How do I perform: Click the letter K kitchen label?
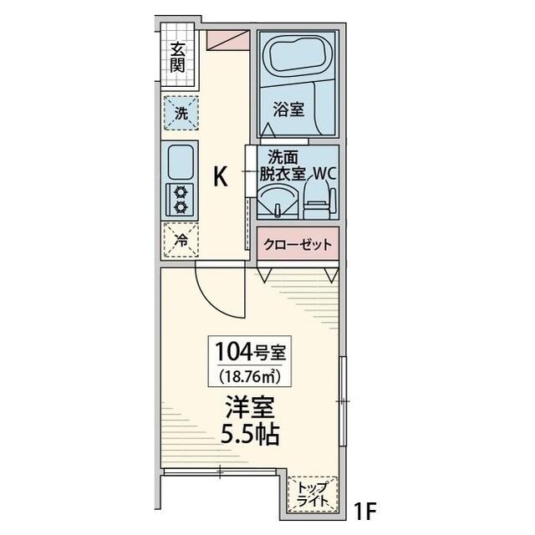point(221,176)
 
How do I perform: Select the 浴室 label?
point(288,109)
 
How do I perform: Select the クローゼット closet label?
point(298,245)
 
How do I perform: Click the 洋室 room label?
point(249,410)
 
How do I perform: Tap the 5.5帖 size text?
point(249,436)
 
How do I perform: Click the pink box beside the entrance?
point(228,39)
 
